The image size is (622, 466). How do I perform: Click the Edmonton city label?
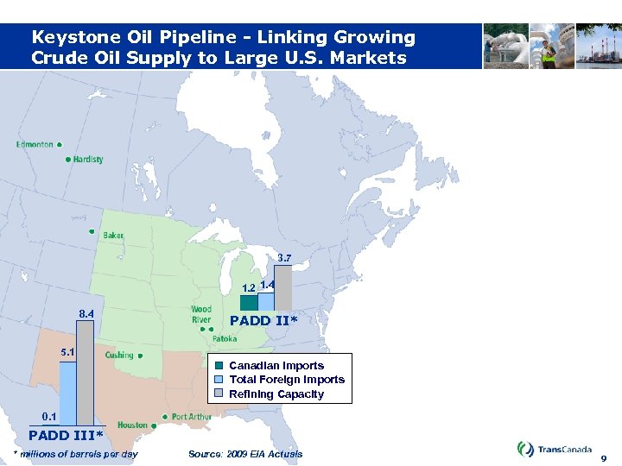tap(35, 145)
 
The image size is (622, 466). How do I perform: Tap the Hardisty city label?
tap(88, 160)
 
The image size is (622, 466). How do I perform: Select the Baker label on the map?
tap(113, 236)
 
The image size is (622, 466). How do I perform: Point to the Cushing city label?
tap(119, 355)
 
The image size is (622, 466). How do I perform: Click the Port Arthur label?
tap(192, 417)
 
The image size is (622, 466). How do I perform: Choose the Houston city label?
tap(132, 425)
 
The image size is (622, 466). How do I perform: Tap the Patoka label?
tap(224, 340)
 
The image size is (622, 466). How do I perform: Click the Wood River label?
tap(201, 315)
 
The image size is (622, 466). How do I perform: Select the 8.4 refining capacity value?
tap(86, 314)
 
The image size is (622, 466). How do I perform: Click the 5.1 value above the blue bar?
tap(67, 352)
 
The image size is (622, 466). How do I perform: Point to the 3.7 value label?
tap(284, 257)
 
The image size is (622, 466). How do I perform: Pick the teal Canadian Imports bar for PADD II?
tap(249, 303)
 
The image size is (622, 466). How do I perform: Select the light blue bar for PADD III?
tap(67, 394)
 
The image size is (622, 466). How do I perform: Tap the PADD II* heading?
tap(263, 321)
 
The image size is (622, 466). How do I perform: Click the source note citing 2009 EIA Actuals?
tap(245, 454)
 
